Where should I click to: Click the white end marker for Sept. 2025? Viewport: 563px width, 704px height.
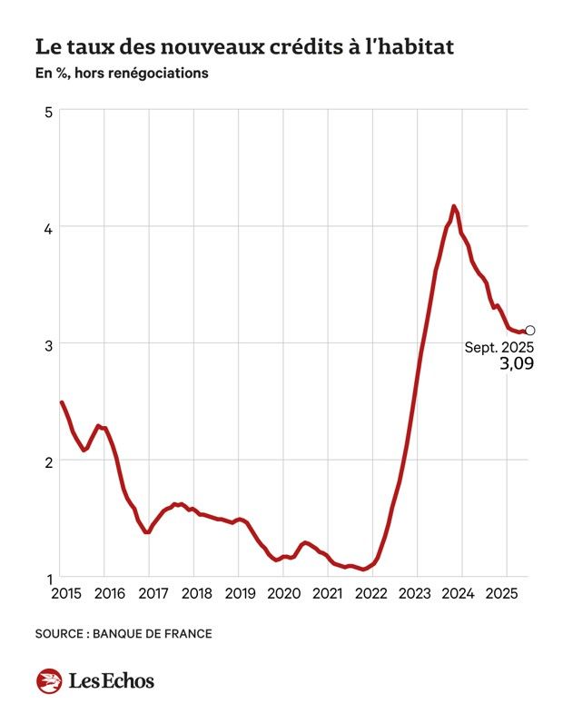(x=530, y=331)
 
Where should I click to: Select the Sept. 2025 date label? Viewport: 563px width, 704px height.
(x=499, y=347)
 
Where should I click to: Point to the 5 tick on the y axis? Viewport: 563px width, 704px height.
(x=49, y=112)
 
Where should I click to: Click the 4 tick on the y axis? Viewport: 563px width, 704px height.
(x=49, y=227)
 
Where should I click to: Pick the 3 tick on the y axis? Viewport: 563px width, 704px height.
(x=49, y=344)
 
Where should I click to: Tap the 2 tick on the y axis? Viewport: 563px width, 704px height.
(x=49, y=461)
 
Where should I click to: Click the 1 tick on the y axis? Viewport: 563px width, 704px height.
(x=49, y=578)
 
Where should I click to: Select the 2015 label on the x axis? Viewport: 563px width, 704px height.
(x=65, y=594)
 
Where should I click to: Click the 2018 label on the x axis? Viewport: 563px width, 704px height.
(x=197, y=594)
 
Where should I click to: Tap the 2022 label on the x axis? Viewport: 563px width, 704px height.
(x=372, y=594)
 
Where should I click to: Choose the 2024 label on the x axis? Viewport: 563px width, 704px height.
(x=461, y=594)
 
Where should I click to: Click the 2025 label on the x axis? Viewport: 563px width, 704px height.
(x=504, y=594)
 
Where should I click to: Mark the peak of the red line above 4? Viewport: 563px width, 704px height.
(x=453, y=207)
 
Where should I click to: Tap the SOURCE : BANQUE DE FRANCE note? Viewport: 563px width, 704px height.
(x=123, y=633)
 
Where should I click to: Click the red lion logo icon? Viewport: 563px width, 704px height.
(x=49, y=680)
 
